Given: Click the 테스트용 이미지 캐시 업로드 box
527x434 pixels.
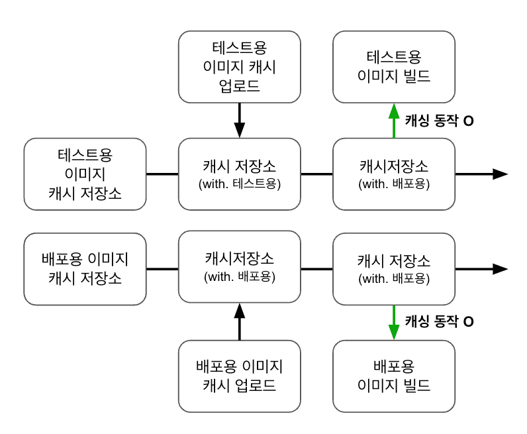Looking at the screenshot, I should coord(240,66).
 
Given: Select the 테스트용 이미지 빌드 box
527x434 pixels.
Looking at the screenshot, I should coord(394,66).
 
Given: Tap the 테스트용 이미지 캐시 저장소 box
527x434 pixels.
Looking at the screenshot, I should coord(85,174).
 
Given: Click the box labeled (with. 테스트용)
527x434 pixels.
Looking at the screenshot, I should coord(240,174).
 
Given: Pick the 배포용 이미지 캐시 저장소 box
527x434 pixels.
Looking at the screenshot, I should coord(85,268).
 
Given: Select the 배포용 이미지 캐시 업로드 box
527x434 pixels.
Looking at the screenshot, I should coord(240,376).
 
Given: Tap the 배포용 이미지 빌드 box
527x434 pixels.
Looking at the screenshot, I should coord(394,376).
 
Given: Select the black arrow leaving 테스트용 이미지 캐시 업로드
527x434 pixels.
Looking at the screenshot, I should coord(240,120).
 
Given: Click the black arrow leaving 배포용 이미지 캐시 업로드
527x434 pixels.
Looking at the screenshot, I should coord(240,322).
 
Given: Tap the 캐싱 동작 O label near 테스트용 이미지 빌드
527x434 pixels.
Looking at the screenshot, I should coord(439,121).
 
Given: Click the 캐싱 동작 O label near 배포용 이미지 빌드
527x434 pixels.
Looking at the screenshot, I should coord(439,322).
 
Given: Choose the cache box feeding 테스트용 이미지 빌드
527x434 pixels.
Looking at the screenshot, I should coord(394,174).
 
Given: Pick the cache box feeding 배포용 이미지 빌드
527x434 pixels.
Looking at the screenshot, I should coord(394,268).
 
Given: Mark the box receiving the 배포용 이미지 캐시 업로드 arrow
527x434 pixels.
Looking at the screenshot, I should coord(240,268).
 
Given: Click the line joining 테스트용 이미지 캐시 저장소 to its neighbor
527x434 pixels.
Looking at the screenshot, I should coord(162,174).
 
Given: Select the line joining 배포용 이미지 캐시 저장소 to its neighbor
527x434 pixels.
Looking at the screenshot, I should coord(162,269).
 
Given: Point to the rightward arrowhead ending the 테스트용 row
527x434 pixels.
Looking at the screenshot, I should coord(501,174).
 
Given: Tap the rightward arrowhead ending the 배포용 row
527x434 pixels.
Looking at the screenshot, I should coord(501,269).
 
